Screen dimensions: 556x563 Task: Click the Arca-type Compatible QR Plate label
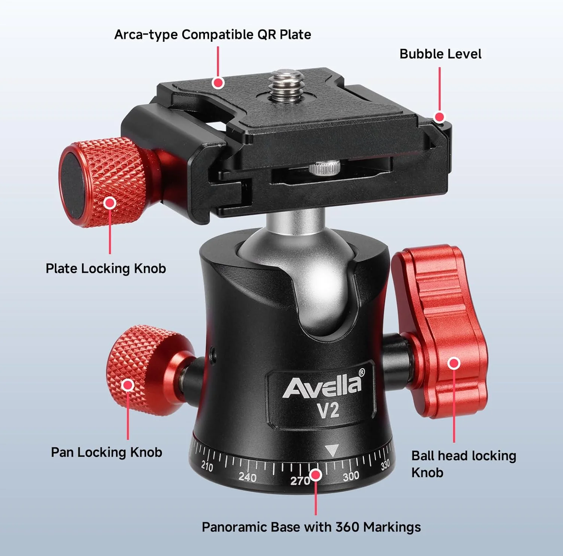(x=212, y=35)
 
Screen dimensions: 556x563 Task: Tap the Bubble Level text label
(x=440, y=54)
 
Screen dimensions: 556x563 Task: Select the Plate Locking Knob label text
(x=105, y=268)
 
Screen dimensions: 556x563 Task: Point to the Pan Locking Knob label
(x=106, y=452)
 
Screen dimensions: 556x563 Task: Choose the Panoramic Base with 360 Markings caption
(x=311, y=527)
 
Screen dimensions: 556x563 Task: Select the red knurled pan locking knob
(x=143, y=370)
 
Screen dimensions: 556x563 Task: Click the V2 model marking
(x=328, y=411)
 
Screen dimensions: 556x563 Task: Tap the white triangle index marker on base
(x=331, y=450)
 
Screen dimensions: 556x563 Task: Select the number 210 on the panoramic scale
(x=207, y=466)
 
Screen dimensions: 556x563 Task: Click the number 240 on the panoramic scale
(x=247, y=477)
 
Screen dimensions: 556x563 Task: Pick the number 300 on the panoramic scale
(x=351, y=476)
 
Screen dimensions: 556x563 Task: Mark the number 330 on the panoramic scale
(x=385, y=465)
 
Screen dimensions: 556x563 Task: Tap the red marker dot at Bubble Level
(x=439, y=117)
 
